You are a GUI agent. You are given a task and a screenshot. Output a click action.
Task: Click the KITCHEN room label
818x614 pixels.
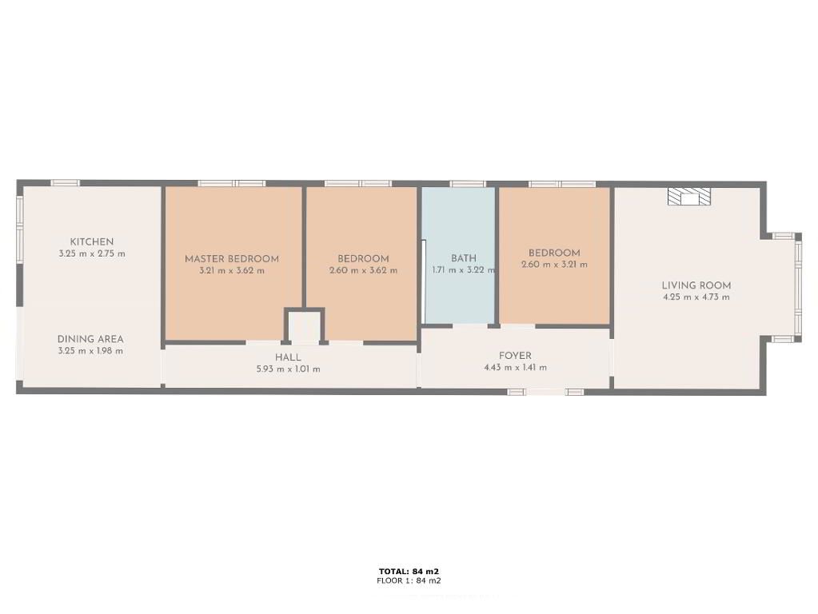[x=92, y=241]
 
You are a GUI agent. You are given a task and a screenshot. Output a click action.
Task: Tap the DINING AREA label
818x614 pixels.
[x=90, y=339]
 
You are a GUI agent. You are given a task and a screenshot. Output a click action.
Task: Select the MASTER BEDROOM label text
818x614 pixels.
[x=232, y=259]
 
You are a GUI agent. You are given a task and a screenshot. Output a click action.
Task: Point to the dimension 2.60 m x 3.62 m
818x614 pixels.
[x=363, y=271]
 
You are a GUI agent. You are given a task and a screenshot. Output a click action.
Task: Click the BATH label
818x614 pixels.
[x=463, y=258]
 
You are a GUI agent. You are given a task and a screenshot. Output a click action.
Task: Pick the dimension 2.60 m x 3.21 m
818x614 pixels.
[x=554, y=265]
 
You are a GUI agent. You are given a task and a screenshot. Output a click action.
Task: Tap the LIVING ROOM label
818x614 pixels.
[x=696, y=285]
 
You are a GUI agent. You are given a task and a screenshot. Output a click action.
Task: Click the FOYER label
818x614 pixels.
[x=515, y=356]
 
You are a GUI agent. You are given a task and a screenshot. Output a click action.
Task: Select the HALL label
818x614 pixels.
[x=288, y=357]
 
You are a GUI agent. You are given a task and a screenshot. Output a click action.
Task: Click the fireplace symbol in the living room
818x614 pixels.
[x=689, y=196]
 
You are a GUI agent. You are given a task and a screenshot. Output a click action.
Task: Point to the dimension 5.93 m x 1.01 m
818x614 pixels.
[x=288, y=369]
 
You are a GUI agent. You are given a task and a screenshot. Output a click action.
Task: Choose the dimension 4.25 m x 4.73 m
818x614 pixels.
[x=696, y=297]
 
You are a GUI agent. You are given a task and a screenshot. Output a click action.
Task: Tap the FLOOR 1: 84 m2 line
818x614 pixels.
[x=409, y=580]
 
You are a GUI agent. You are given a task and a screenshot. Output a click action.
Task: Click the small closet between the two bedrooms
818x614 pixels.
[x=304, y=326]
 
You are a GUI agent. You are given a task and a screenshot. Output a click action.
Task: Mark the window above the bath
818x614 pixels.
[x=468, y=184]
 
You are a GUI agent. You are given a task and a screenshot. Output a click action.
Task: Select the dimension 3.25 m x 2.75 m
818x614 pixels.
[x=92, y=254]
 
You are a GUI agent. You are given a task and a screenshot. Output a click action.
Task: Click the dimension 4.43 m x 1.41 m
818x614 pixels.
[x=515, y=367]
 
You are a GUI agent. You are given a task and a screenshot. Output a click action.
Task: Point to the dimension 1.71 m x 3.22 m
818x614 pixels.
[x=463, y=270]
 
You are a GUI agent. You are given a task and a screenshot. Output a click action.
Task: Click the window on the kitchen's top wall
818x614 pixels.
[x=65, y=183]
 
